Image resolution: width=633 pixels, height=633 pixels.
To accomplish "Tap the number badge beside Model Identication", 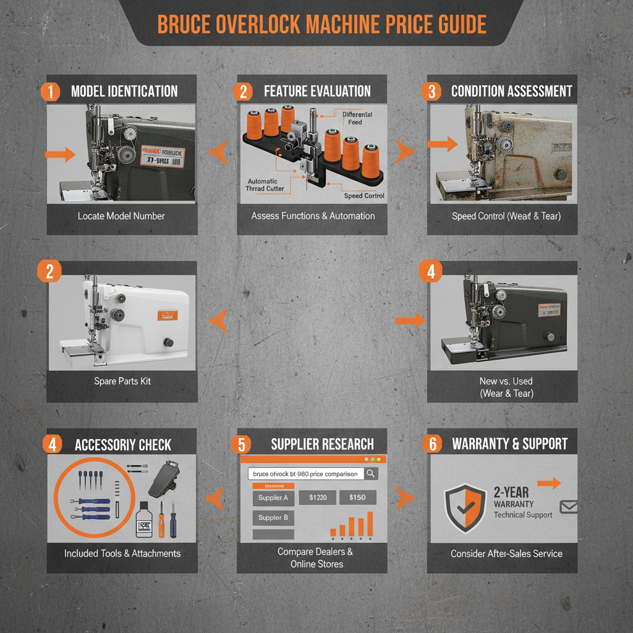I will pyautogui.click(x=50, y=91).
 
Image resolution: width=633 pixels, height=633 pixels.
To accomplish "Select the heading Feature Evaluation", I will pyautogui.click(x=317, y=91).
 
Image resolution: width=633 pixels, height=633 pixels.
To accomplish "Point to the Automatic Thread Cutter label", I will pyautogui.click(x=262, y=185).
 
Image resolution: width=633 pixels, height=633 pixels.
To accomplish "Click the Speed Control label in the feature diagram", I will pyautogui.click(x=364, y=196).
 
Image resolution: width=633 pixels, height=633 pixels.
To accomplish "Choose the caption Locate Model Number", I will pyautogui.click(x=121, y=216).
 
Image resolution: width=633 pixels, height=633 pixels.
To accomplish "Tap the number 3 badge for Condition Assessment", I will pyautogui.click(x=431, y=91).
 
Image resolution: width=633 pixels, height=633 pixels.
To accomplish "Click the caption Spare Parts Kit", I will pyautogui.click(x=122, y=381).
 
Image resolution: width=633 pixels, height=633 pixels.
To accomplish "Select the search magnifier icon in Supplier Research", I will pyautogui.click(x=371, y=474).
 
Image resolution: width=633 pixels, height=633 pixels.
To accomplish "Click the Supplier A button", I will pyautogui.click(x=273, y=498).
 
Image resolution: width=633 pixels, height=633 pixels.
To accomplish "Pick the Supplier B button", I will pyautogui.click(x=273, y=518).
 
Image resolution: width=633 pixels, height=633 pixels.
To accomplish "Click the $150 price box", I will pyautogui.click(x=357, y=498).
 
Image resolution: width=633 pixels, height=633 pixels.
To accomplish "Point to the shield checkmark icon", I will pyautogui.click(x=465, y=507).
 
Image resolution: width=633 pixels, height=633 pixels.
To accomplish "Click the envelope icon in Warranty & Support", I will pyautogui.click(x=567, y=507).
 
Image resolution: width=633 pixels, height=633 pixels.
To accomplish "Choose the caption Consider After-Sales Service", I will pyautogui.click(x=506, y=553).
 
